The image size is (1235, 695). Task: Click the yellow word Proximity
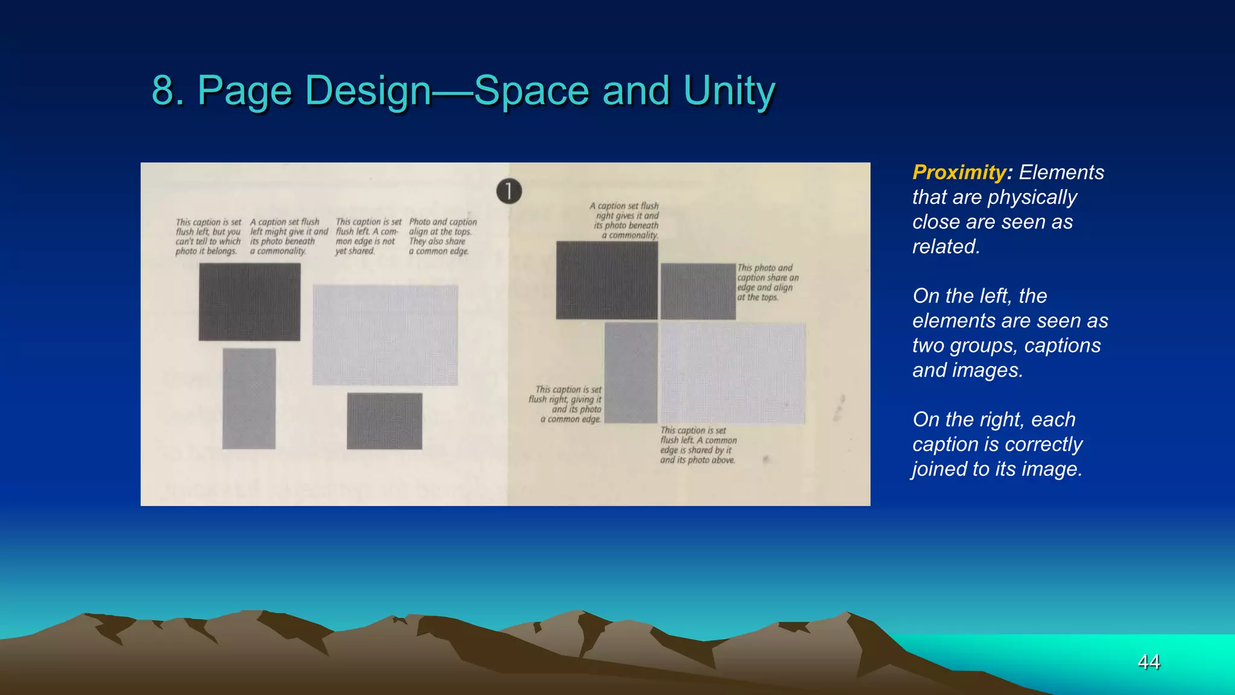pyautogui.click(x=959, y=173)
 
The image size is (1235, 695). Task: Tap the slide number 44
pyautogui.click(x=1148, y=662)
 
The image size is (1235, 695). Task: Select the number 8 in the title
pyautogui.click(x=163, y=91)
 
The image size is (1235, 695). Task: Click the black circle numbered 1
pyautogui.click(x=509, y=191)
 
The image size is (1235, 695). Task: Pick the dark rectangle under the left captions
pyautogui.click(x=249, y=302)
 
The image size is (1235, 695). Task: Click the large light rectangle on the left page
pyautogui.click(x=385, y=335)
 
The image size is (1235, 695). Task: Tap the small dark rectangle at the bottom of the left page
pyautogui.click(x=384, y=420)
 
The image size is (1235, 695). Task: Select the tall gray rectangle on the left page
pyautogui.click(x=248, y=398)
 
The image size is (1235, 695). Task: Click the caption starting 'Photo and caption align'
pyautogui.click(x=442, y=236)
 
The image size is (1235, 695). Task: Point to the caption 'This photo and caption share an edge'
pyautogui.click(x=766, y=282)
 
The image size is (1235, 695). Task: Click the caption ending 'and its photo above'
pyautogui.click(x=698, y=445)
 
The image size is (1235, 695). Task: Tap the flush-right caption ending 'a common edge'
pyautogui.click(x=567, y=404)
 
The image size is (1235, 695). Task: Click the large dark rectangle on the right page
pyautogui.click(x=606, y=280)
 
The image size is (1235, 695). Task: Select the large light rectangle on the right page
pyautogui.click(x=733, y=373)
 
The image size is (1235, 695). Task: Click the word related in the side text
pyautogui.click(x=944, y=247)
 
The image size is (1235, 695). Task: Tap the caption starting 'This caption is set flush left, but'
pyautogui.click(x=207, y=236)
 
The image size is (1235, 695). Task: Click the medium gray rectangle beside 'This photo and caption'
pyautogui.click(x=698, y=291)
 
